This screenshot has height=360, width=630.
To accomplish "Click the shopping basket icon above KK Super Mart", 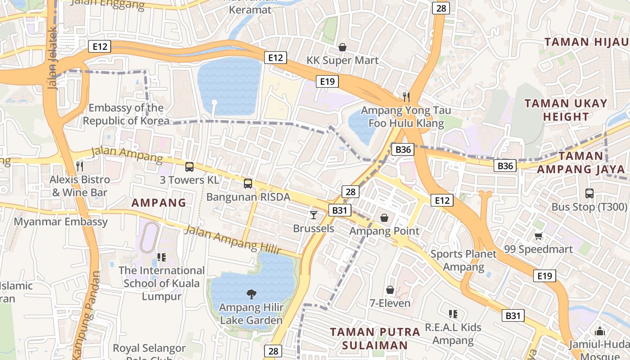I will click(342, 47).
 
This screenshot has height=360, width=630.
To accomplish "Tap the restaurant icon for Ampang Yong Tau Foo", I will click(406, 97).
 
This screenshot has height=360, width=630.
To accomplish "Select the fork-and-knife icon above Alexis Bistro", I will click(80, 166).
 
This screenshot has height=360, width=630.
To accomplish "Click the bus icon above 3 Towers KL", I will click(189, 167).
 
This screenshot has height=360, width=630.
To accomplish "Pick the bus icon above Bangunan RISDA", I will click(248, 183).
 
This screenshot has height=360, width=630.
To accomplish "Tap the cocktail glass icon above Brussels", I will click(314, 215).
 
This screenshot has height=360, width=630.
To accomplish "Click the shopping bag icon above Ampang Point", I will click(384, 218).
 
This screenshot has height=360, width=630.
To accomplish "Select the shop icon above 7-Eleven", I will click(390, 290).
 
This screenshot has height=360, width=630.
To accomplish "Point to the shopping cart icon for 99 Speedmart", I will click(538, 236).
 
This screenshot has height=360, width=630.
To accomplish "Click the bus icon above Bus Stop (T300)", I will click(589, 193).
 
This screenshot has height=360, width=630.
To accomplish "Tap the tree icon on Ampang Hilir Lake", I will click(251, 294).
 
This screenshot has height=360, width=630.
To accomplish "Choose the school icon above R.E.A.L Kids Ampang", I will click(453, 314).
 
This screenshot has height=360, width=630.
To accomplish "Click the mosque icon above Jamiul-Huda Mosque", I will click(599, 331).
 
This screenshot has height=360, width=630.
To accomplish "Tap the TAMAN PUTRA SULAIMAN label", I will click(375, 338).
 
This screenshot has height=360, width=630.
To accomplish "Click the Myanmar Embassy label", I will click(61, 221).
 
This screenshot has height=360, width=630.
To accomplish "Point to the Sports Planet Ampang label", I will click(463, 260).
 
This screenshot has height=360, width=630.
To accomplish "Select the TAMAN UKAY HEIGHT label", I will click(566, 110).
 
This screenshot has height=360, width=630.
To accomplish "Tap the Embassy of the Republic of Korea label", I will click(126, 114).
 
